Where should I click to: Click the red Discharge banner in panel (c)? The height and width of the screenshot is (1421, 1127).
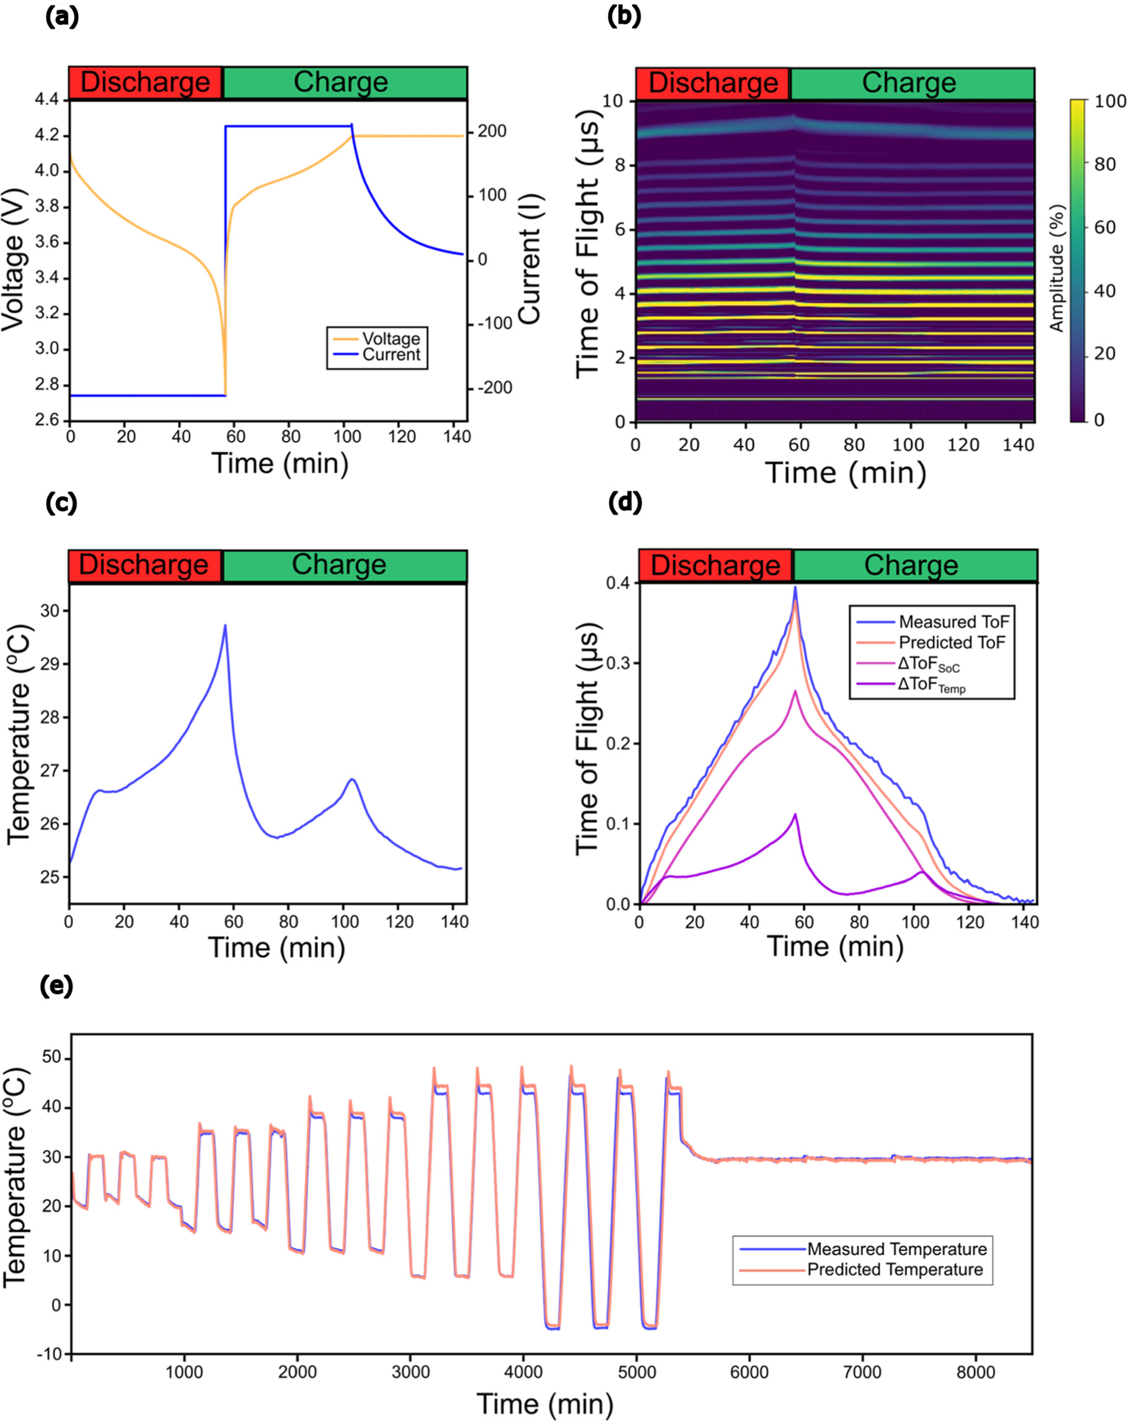(144, 565)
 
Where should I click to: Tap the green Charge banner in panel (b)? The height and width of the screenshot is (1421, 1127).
(911, 83)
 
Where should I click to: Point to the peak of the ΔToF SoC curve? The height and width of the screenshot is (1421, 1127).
(795, 691)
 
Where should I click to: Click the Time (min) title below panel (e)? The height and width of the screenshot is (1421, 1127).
(544, 1403)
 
